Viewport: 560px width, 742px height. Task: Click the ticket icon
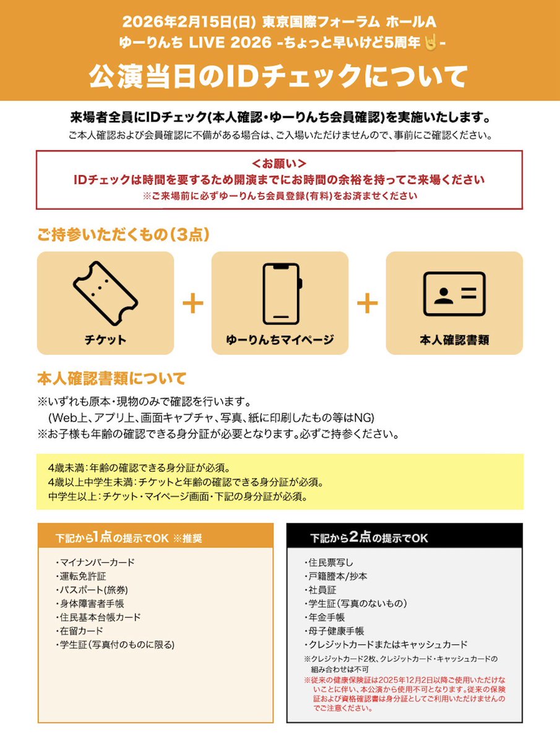105,292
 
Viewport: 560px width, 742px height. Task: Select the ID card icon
454,294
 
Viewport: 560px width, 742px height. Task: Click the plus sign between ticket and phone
193,303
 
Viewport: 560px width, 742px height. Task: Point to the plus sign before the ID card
367,303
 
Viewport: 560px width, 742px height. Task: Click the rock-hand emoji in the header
430,43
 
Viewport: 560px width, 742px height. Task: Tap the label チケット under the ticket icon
105,339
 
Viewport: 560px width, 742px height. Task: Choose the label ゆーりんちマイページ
280,339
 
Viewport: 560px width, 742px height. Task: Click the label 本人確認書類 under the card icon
454,339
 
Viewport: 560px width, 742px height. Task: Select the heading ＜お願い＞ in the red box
280,164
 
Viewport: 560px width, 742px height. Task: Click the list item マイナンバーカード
97,563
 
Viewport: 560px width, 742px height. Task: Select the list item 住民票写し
332,563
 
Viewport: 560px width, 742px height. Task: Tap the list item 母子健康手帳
335,631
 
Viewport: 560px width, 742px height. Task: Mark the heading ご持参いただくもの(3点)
123,235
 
